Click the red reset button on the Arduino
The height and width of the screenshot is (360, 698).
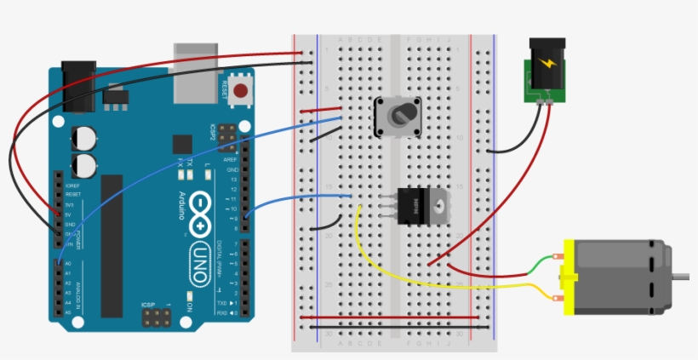[240, 90]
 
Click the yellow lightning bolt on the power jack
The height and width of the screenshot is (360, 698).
[544, 65]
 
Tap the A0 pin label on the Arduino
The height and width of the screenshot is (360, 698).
[69, 265]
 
